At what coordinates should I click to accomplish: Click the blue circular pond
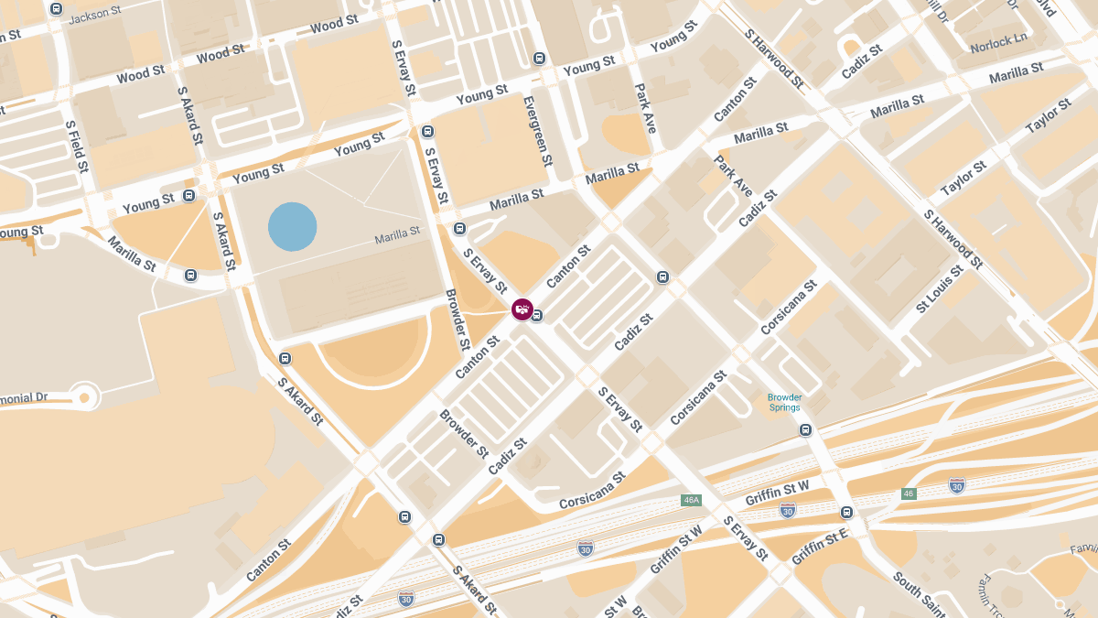(293, 226)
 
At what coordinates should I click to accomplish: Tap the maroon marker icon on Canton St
(522, 309)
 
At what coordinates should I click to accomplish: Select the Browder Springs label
(785, 402)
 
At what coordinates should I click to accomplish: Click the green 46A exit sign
(691, 500)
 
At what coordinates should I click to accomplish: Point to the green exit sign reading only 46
(908, 493)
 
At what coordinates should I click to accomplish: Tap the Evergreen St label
(537, 131)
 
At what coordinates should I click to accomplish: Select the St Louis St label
(940, 288)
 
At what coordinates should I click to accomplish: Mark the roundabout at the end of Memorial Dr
(85, 397)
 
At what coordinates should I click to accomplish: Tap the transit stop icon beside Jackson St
(57, 9)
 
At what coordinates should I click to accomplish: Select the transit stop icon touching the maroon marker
(537, 316)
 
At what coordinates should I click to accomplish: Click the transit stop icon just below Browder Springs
(805, 430)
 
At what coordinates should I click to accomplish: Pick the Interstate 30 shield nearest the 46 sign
(956, 485)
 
